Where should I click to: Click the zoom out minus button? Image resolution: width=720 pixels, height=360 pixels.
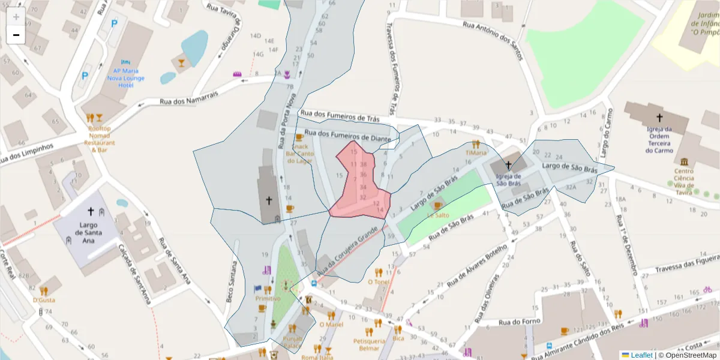coord(16,35)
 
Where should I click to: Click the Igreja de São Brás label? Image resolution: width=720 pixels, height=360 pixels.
coord(508,180)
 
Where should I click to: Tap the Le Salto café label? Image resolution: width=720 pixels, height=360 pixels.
coord(438,215)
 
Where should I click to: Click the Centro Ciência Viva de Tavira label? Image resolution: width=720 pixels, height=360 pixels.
coord(683,181)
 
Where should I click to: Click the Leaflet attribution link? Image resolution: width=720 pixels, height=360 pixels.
coord(641,355)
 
